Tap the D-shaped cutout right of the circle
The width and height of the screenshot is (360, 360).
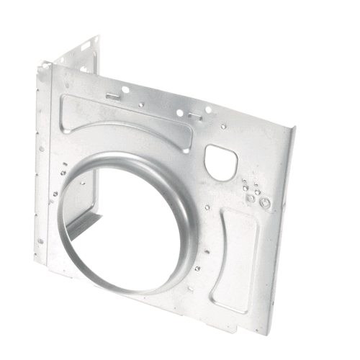pyautogui.click(x=220, y=161)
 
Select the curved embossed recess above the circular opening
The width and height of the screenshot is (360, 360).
pyautogui.click(x=126, y=119)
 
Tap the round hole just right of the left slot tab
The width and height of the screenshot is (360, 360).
pyautogui.click(x=126, y=90)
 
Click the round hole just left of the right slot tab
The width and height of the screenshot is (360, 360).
pyautogui.click(x=179, y=112)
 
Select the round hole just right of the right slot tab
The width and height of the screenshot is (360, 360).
pyautogui.click(x=208, y=110)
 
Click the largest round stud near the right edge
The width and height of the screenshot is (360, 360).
pyautogui.click(x=265, y=203)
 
